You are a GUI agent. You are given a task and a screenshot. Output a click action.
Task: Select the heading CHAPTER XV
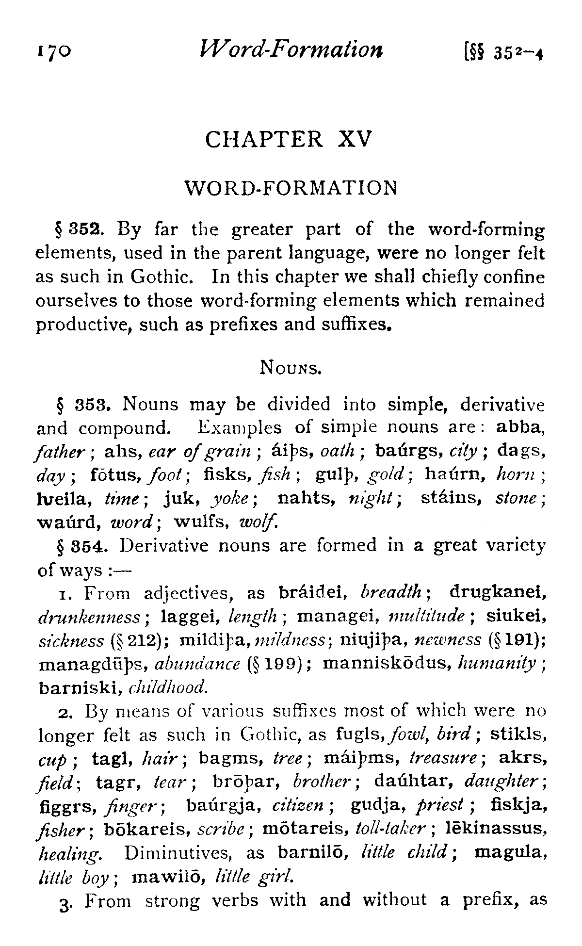tap(289, 140)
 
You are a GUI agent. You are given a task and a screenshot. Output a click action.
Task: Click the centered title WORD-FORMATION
tap(291, 188)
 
